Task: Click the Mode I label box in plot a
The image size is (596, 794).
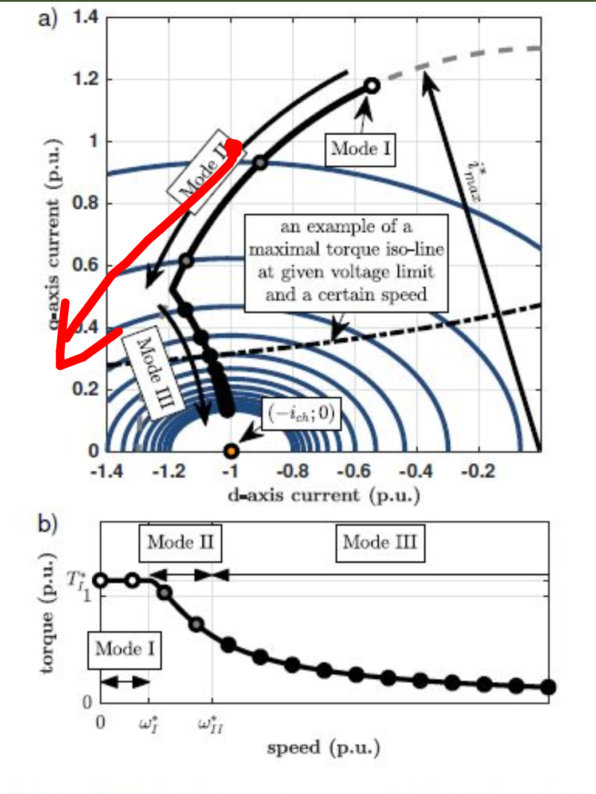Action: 360,150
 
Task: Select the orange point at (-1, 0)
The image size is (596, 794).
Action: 231,451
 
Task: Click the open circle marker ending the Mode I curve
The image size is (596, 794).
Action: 372,86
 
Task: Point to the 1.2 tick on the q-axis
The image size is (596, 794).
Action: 86,79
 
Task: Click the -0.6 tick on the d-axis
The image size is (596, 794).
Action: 354,471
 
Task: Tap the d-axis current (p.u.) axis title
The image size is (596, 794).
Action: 324,495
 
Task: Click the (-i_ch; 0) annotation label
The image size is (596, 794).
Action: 301,413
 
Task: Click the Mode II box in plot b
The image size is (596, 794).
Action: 180,542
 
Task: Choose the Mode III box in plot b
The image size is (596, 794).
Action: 380,542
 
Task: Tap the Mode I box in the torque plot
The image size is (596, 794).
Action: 124,650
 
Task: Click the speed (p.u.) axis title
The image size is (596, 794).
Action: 323,748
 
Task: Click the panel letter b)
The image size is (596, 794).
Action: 48,523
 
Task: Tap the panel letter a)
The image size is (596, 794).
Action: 48,18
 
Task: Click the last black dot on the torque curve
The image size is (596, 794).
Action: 548,687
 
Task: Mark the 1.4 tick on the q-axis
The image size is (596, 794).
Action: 86,17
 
